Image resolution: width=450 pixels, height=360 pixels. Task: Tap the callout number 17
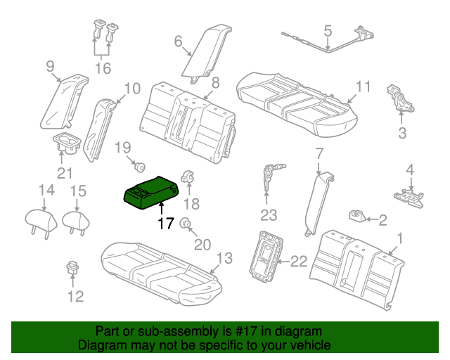coord(166,224)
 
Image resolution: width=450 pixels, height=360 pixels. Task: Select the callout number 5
coord(328,30)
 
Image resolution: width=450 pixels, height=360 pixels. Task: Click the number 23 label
coord(269,215)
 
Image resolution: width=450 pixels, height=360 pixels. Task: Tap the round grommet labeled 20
coord(186,224)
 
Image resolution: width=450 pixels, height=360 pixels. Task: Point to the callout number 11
coord(362,87)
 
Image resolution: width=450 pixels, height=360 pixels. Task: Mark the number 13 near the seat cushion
coord(223,259)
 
